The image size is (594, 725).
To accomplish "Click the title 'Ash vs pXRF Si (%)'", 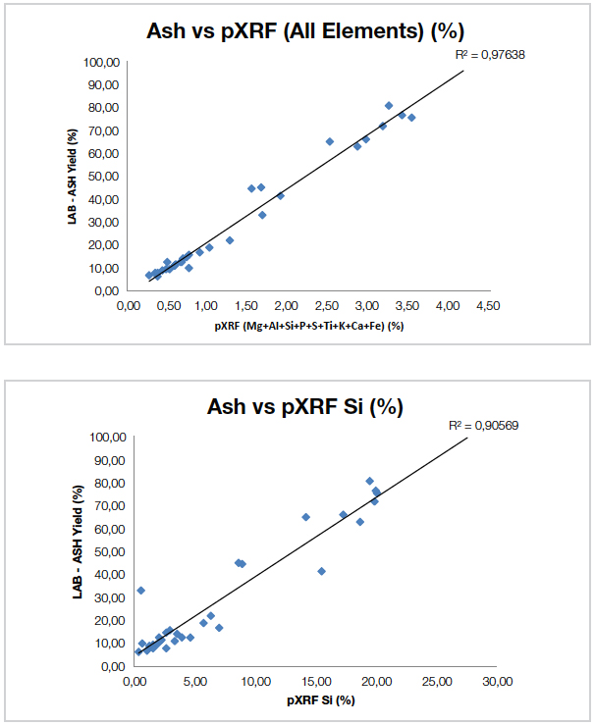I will pyautogui.click(x=305, y=407).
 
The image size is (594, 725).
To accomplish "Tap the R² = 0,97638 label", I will pyautogui.click(x=490, y=55).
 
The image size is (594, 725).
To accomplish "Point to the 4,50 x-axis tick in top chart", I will pyautogui.click(x=487, y=305).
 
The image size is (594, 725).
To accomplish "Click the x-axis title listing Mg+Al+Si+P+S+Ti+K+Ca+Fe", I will pyautogui.click(x=306, y=325).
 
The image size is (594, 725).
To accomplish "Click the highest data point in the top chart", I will pyautogui.click(x=389, y=105).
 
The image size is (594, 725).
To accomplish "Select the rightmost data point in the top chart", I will pyautogui.click(x=411, y=118).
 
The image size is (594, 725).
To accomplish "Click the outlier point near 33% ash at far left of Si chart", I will pyautogui.click(x=140, y=590).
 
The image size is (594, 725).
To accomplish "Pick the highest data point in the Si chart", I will pyautogui.click(x=369, y=481).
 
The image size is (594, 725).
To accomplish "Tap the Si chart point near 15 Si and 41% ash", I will pyautogui.click(x=321, y=571).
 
